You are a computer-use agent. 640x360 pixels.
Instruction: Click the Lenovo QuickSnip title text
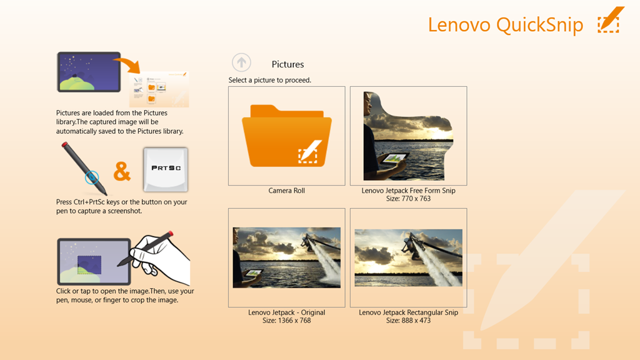point(505,25)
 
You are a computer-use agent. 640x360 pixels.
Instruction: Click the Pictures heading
point(287,64)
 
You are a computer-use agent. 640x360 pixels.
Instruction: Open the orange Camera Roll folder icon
point(286,136)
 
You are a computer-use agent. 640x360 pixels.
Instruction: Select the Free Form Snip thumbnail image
point(408,136)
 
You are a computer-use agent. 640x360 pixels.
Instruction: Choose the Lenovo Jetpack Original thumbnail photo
point(286,257)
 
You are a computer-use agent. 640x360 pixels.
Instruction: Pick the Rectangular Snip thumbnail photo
point(408,257)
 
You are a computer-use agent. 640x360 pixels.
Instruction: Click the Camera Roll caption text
point(286,191)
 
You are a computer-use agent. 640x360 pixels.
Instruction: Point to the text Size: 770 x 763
point(408,199)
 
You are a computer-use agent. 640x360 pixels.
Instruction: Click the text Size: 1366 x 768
point(286,321)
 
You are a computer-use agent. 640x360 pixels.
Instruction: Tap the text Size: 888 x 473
point(408,321)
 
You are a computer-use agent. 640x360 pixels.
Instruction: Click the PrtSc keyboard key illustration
point(166,169)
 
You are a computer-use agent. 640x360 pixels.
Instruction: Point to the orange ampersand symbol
point(122,171)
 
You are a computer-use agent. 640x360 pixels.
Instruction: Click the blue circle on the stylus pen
point(92,177)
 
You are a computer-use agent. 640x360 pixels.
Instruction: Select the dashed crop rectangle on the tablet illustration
point(89,265)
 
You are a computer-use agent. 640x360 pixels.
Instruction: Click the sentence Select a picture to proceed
point(270,80)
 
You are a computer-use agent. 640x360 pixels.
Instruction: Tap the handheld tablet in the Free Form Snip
point(394,158)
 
